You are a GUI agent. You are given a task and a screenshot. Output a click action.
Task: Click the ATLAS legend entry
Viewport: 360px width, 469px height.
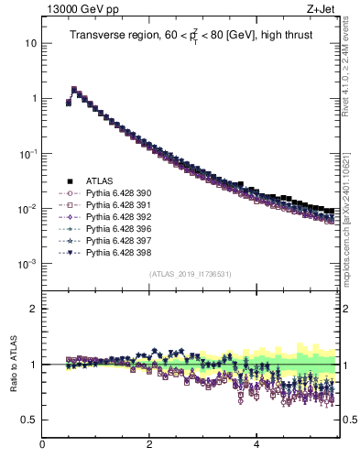pyautogui.click(x=97, y=180)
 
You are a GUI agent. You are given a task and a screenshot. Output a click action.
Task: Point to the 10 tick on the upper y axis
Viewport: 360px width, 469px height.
pyautogui.click(x=30, y=43)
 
